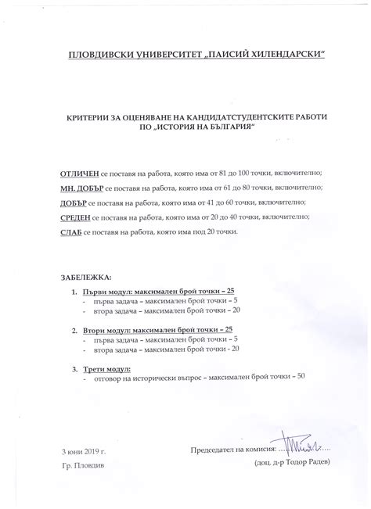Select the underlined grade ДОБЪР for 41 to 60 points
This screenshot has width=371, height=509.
click(x=74, y=203)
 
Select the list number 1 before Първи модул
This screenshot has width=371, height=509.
click(x=74, y=290)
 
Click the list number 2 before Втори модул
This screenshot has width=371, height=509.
click(x=74, y=330)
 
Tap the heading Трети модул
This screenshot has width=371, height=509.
click(x=106, y=368)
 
